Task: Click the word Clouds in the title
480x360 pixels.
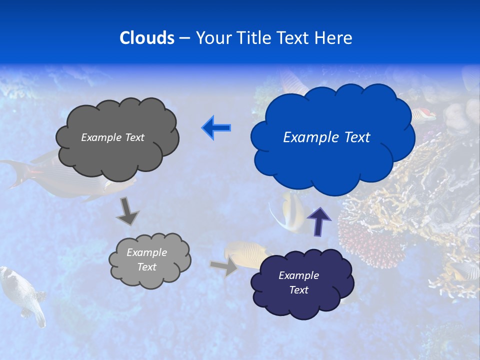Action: [x=146, y=38]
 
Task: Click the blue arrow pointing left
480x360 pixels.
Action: [x=216, y=127]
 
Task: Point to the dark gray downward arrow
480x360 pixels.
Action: [x=127, y=211]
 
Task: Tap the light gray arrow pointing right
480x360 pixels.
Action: [x=224, y=267]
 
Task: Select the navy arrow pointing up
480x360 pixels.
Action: [x=318, y=221]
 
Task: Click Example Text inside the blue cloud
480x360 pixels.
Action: [x=326, y=137]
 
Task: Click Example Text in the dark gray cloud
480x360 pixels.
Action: [x=112, y=137]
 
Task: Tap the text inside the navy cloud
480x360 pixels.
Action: [x=298, y=282]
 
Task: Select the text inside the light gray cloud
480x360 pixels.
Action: [x=146, y=259]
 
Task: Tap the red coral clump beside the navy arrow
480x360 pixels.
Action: [x=370, y=240]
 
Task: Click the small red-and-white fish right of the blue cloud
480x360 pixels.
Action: [x=424, y=114]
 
